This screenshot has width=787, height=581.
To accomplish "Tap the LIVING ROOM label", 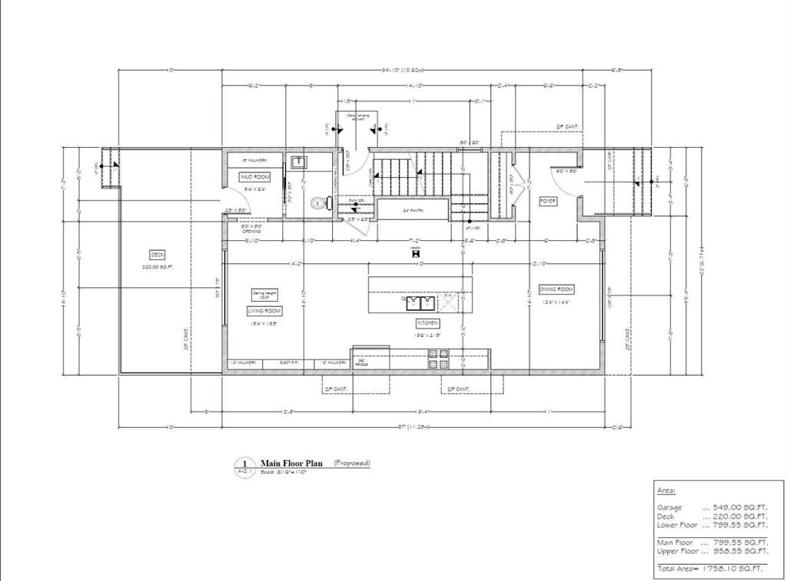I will pyautogui.click(x=264, y=311).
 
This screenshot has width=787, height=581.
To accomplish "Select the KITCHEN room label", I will pyautogui.click(x=427, y=323).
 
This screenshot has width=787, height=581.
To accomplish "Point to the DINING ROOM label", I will pyautogui.click(x=556, y=289).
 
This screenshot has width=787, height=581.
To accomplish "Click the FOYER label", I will pyautogui.click(x=548, y=201).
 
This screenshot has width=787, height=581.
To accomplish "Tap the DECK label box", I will pyautogui.click(x=157, y=255).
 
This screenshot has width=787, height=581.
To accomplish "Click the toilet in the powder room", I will pyautogui.click(x=319, y=204).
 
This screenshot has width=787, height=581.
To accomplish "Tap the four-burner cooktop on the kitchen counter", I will pyautogui.click(x=438, y=359).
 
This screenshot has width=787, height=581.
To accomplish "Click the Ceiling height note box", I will pyautogui.click(x=264, y=295).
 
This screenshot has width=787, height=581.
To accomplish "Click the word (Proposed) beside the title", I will pyautogui.click(x=351, y=463).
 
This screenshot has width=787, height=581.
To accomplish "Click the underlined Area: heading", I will pyautogui.click(x=666, y=490).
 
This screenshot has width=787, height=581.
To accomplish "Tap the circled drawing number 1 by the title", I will pyautogui.click(x=244, y=463).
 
